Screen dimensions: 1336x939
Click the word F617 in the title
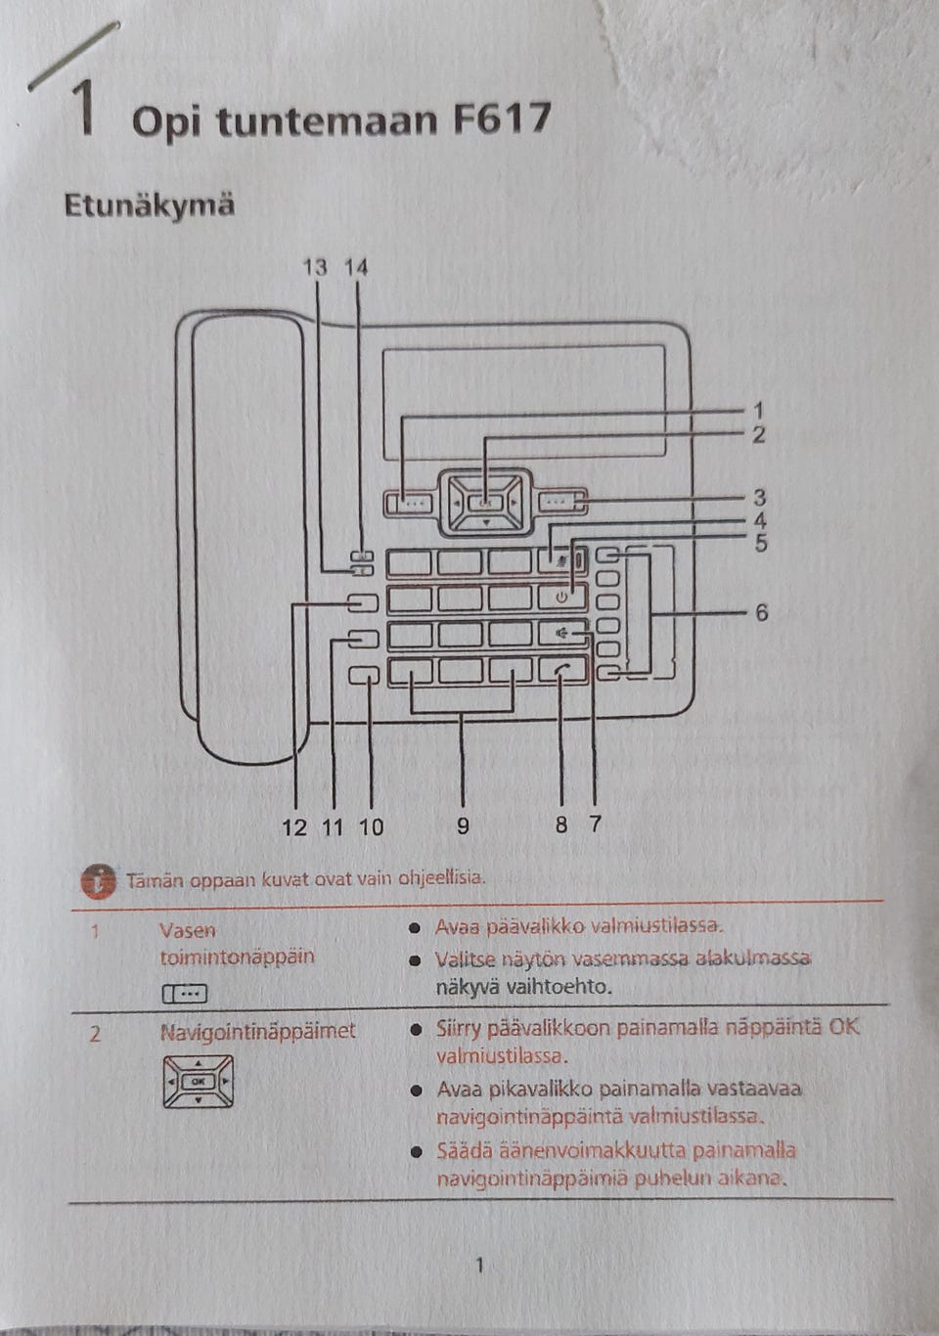502,118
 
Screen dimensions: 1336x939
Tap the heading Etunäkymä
149,205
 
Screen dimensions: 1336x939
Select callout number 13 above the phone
315,267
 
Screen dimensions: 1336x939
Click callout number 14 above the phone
356,267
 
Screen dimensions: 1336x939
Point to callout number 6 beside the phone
761,613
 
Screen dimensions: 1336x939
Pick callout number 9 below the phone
463,826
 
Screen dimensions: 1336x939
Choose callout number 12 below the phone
293,827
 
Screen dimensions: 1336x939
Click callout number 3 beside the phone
759,498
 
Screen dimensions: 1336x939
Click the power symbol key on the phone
562,596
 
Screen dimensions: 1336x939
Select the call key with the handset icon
562,669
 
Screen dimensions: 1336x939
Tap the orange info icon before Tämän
98,880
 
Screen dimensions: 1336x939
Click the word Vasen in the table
187,930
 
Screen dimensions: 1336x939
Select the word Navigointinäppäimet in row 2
257,1031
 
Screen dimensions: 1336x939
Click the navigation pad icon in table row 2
199,1082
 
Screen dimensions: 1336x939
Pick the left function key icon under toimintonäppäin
185,994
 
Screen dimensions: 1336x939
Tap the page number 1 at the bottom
479,1266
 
